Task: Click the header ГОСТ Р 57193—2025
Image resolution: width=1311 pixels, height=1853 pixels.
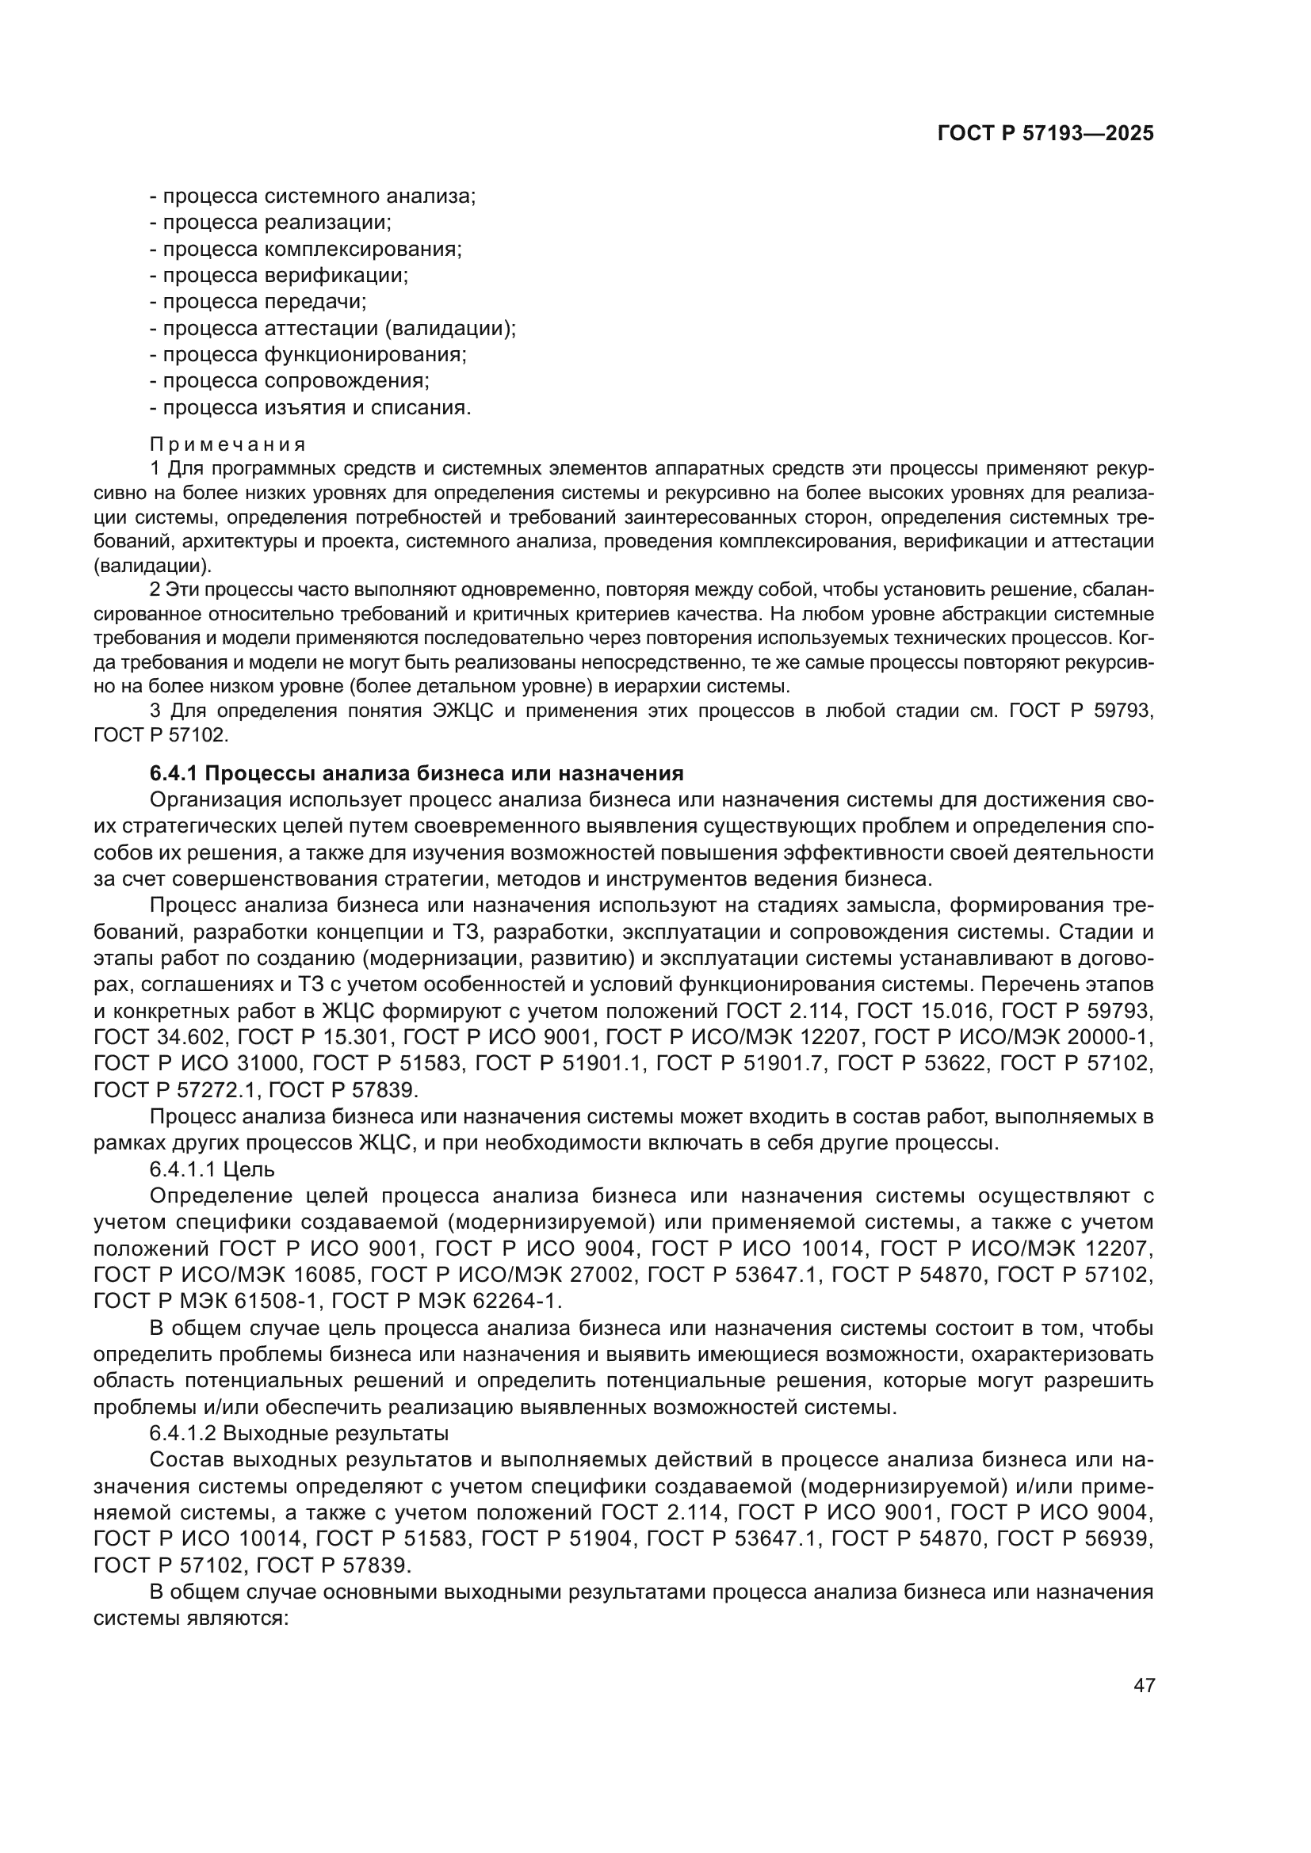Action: point(1045,134)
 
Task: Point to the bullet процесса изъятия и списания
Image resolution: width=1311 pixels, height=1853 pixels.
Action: point(311,407)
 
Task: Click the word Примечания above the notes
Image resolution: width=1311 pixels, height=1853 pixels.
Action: point(227,444)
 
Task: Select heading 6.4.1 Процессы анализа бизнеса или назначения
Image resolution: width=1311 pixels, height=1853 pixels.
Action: point(417,773)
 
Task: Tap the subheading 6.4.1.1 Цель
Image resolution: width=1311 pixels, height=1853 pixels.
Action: point(212,1169)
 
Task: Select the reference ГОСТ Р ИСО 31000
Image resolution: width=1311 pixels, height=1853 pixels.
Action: point(196,1064)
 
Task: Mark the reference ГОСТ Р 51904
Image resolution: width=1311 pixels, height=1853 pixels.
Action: point(557,1539)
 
